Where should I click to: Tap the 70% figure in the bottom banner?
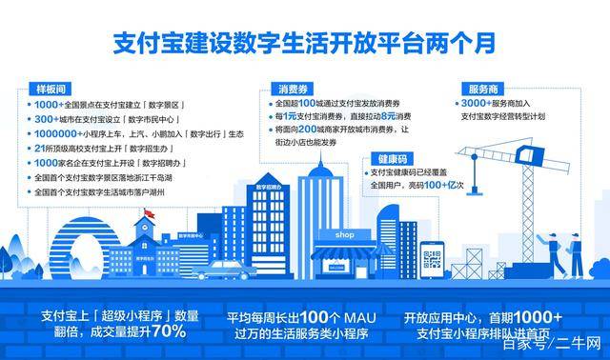pos(170,330)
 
